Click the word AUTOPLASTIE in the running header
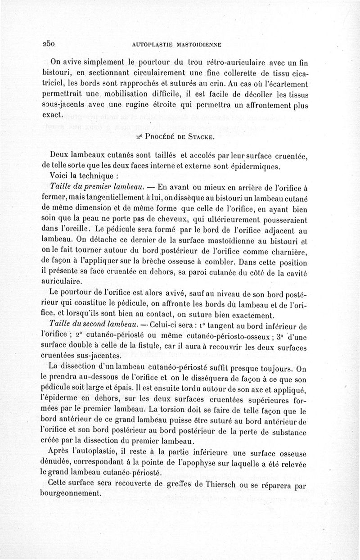coord(150,45)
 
